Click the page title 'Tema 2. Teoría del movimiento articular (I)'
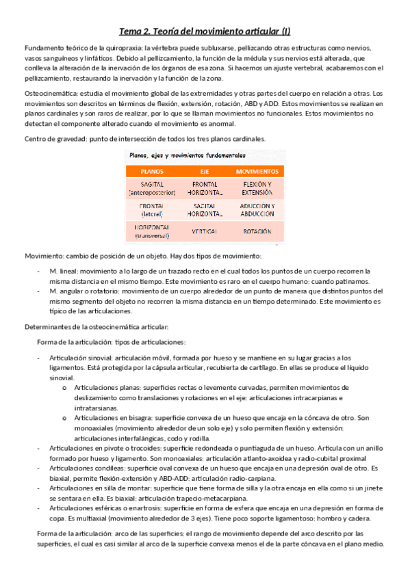205,31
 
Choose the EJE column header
205,171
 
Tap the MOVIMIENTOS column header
257,171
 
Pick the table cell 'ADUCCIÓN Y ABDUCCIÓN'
257,210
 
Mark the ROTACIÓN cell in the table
257,231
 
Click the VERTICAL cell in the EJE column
205,231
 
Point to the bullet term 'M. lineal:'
64,271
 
